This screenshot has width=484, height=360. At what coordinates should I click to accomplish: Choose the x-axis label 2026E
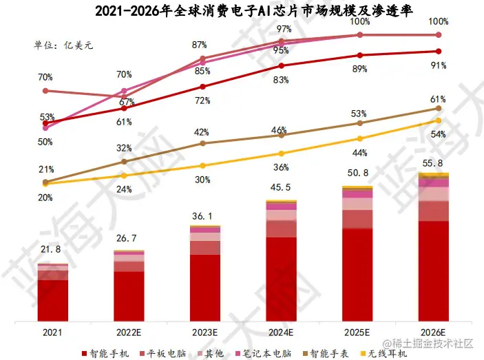pyautogui.click(x=433, y=332)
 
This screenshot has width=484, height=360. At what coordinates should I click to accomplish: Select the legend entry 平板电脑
pyautogui.click(x=160, y=353)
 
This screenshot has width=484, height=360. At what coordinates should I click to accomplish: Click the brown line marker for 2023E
pyautogui.click(x=202, y=143)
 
